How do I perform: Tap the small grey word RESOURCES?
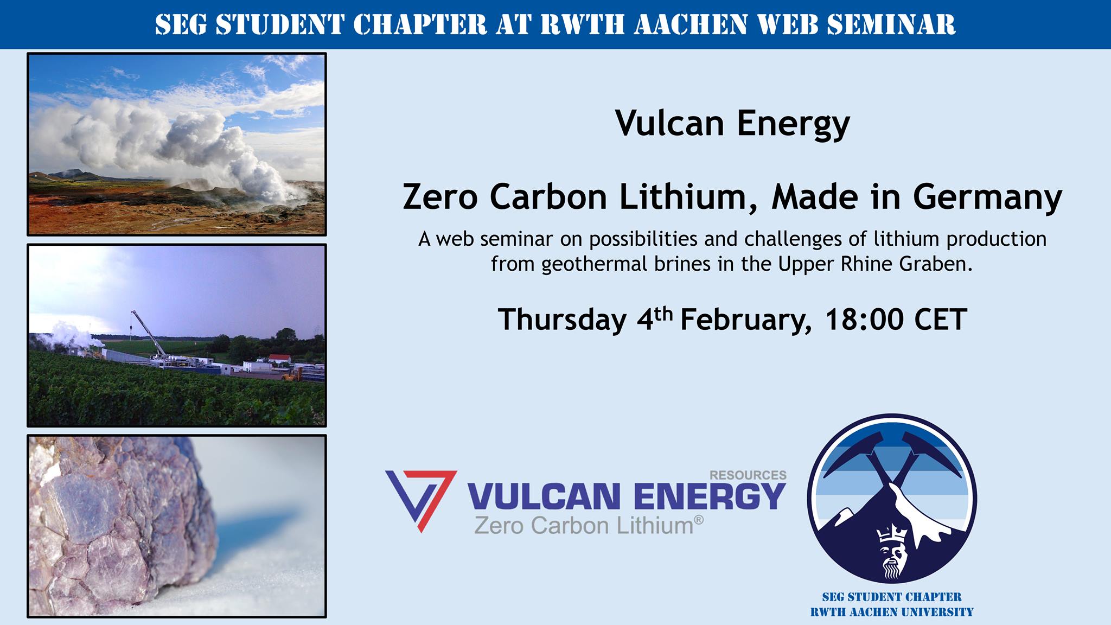(x=748, y=475)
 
